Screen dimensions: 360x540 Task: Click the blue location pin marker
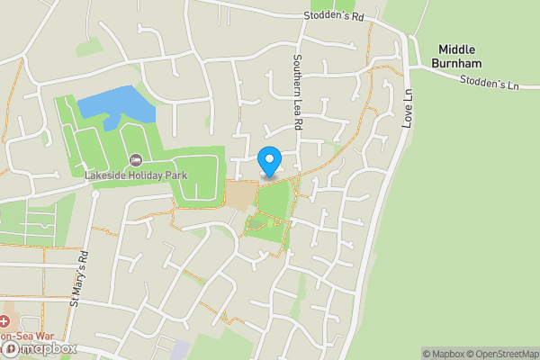click(x=268, y=161)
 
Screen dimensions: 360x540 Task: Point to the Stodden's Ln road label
click(x=490, y=82)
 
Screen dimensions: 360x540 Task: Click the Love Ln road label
click(x=407, y=106)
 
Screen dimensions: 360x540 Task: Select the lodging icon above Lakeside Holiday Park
click(x=135, y=160)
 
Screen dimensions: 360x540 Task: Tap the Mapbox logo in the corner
click(x=40, y=348)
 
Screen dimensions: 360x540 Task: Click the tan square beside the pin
click(x=240, y=193)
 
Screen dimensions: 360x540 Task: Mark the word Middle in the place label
click(x=457, y=49)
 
